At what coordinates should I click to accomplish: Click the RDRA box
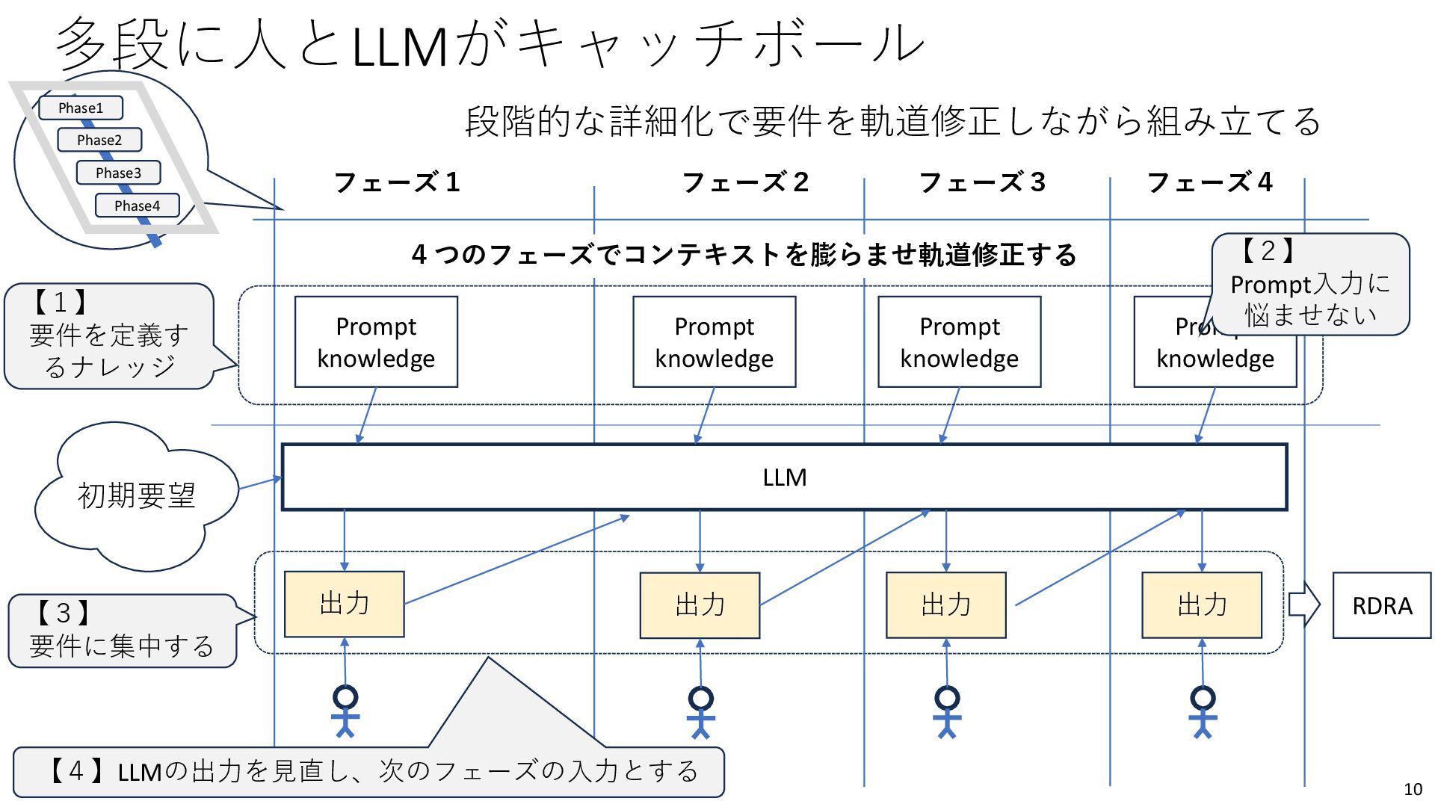coord(1381,605)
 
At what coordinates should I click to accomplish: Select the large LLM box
coord(784,477)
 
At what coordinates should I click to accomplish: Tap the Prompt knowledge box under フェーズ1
coord(376,342)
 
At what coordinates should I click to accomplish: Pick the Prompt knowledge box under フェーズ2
coord(714,342)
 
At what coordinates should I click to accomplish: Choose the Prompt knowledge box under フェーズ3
coord(959,342)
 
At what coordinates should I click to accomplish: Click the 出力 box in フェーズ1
coord(344,604)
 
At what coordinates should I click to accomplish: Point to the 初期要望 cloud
coord(136,495)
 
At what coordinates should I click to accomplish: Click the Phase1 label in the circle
coord(81,108)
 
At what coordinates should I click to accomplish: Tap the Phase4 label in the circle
coord(137,205)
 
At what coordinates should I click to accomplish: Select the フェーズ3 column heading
coord(981,182)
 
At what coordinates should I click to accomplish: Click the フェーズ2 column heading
coord(745,182)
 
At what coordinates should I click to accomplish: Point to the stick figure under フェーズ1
coord(345,711)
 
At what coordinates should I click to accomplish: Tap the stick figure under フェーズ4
coord(1203,712)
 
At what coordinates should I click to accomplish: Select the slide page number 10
coord(1413,789)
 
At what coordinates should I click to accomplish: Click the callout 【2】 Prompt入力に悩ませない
coord(1309,284)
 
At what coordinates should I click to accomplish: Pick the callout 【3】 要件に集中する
coord(121,631)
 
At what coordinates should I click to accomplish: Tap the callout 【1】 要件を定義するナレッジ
coord(109,336)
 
